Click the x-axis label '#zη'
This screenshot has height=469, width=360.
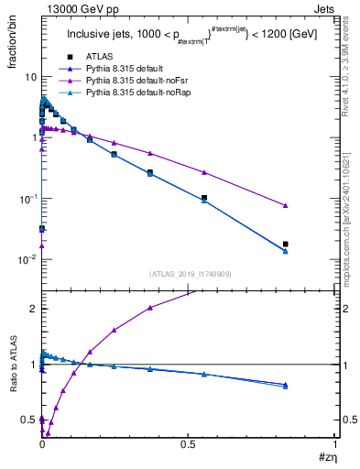[x=326, y=457]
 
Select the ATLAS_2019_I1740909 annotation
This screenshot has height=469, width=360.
[x=189, y=274]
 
